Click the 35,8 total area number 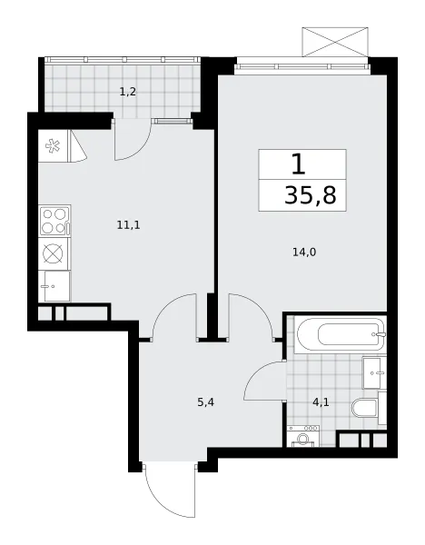[x=311, y=195]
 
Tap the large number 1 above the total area [x=299, y=164]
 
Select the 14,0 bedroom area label [x=304, y=253]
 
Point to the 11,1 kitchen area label [x=128, y=225]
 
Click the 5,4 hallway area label [x=206, y=402]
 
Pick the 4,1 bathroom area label [x=321, y=402]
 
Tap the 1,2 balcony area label [x=127, y=92]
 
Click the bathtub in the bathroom [x=341, y=334]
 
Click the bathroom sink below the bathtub [x=374, y=373]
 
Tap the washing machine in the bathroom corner [x=302, y=436]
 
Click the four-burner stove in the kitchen [x=54, y=221]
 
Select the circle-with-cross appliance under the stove [x=54, y=253]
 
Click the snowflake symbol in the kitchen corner [x=53, y=146]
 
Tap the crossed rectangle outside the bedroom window [x=335, y=42]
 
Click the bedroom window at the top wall [x=301, y=66]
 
